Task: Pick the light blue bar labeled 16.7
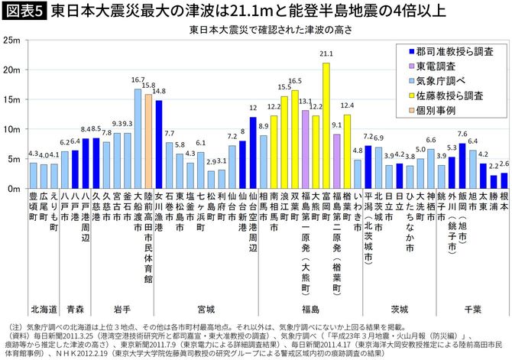pos(138,138)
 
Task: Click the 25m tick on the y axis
pos(12,40)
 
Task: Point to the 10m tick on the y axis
pos(12,129)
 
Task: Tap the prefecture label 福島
pos(310,310)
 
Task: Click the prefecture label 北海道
pos(42,310)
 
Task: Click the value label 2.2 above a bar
pos(493,166)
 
